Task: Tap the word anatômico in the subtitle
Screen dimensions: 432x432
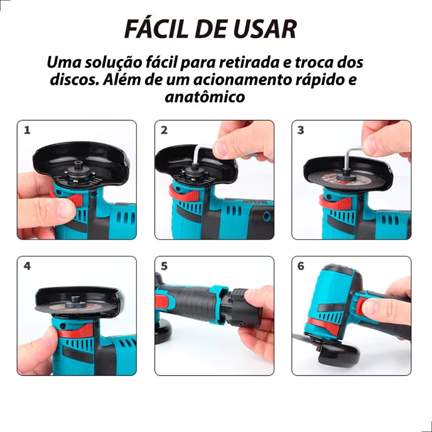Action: [205, 97]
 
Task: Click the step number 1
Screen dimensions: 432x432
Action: [27, 130]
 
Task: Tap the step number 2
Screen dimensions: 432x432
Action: [164, 130]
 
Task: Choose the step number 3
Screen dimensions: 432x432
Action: [301, 130]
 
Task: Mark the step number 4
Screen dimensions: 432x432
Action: [27, 266]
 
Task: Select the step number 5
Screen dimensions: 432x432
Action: [164, 266]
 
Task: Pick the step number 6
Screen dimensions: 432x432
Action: [301, 266]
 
